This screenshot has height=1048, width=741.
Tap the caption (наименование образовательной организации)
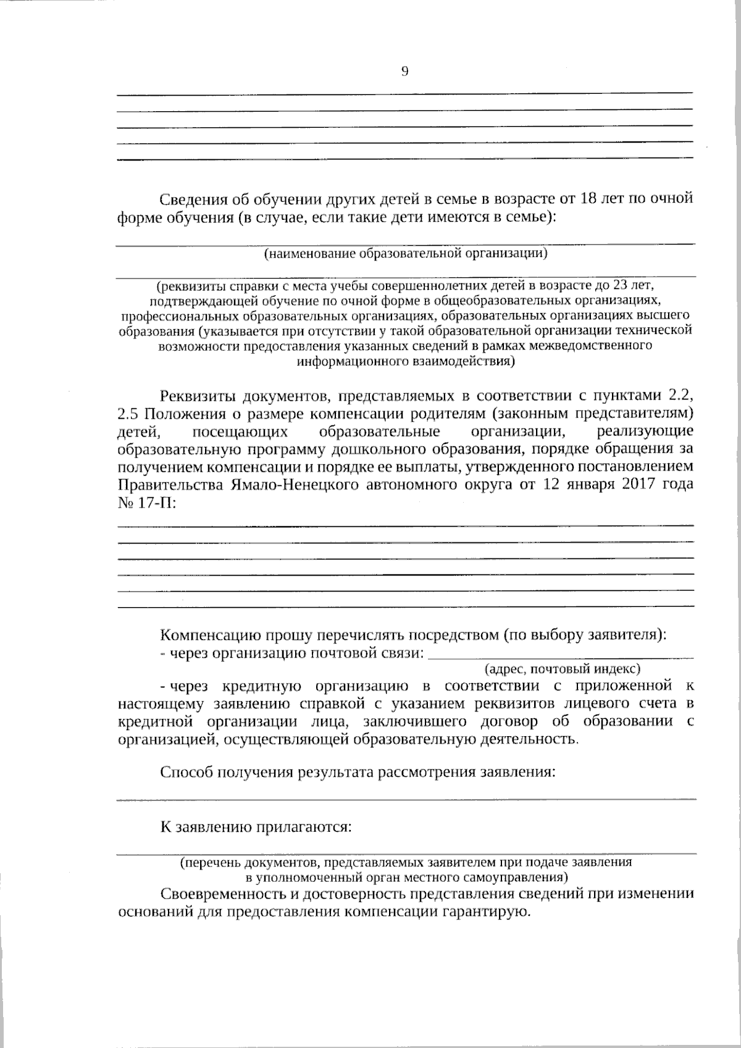[406, 253]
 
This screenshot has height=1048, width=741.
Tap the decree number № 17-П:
[146, 501]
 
